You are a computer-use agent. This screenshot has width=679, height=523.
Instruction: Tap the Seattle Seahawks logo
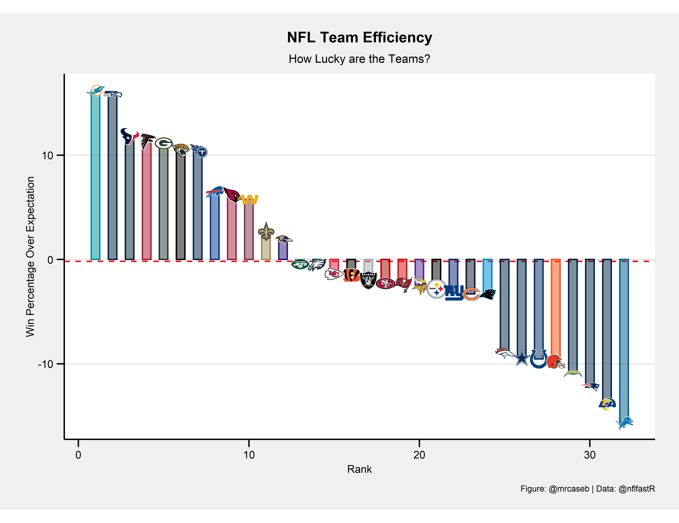[x=112, y=94]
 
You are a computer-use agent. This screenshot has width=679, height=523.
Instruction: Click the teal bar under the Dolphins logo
[x=95, y=177]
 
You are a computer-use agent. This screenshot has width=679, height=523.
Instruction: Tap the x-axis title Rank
[x=359, y=469]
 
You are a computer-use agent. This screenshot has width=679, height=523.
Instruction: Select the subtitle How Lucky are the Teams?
[x=359, y=59]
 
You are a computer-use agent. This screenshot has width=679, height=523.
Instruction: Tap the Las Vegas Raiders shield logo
[x=368, y=280]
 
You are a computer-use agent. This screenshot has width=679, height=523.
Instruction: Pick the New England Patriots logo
[x=590, y=386]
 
